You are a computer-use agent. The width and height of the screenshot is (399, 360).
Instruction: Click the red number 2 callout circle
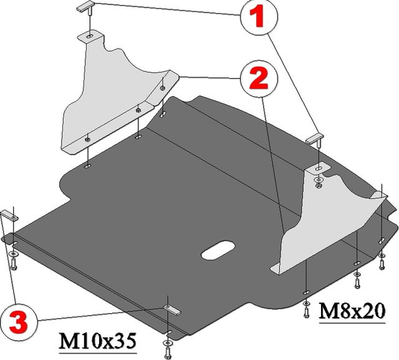[259, 79]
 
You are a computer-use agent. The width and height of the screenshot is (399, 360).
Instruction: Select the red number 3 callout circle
[19, 321]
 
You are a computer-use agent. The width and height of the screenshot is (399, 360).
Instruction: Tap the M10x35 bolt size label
[98, 341]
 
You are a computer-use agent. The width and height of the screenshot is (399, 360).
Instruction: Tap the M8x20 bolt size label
[352, 311]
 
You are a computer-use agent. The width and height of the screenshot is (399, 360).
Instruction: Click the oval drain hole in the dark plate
[218, 250]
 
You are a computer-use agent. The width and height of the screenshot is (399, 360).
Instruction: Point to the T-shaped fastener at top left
[85, 6]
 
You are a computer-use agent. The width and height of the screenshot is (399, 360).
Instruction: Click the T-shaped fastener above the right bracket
[315, 139]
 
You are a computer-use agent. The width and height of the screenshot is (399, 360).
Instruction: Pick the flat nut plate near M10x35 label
[172, 309]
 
